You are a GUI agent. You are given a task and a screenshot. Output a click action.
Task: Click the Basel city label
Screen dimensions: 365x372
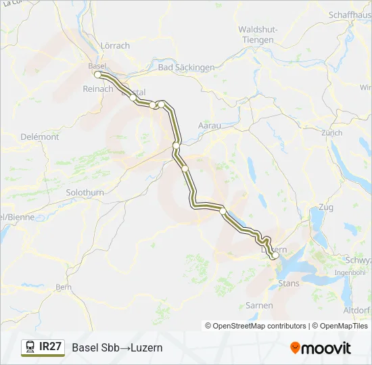click(x=98, y=66)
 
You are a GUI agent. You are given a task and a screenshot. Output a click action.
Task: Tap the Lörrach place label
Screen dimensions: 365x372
click(x=114, y=46)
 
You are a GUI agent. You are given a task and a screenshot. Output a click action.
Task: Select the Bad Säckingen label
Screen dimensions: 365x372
click(x=186, y=68)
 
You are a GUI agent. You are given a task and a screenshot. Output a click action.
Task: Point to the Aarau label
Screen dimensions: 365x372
click(x=209, y=126)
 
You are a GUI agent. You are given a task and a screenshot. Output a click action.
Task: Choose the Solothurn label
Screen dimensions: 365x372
click(x=85, y=193)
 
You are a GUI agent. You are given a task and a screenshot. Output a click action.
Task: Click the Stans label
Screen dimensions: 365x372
click(x=289, y=283)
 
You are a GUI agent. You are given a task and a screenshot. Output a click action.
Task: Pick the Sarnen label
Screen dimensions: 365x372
click(x=259, y=306)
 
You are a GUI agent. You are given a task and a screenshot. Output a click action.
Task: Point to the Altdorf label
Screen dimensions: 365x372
click(x=356, y=310)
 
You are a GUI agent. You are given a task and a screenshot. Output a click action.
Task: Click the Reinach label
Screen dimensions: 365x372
click(x=97, y=89)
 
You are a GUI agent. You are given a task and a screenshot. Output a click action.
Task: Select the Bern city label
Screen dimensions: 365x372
click(x=64, y=287)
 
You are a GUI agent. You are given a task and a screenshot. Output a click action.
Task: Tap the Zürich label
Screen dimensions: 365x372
click(x=332, y=133)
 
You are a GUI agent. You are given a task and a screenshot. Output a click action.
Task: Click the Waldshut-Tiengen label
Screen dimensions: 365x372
click(x=256, y=34)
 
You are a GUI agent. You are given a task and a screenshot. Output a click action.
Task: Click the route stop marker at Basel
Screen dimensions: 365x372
click(x=98, y=74)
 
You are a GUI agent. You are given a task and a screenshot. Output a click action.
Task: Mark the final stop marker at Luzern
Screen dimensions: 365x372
click(x=274, y=255)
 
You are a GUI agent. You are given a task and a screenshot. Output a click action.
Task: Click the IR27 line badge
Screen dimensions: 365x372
click(x=51, y=347)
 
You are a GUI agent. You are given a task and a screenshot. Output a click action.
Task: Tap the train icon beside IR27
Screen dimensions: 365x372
click(x=30, y=347)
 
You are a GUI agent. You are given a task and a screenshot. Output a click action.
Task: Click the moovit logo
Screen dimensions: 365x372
click(x=321, y=348)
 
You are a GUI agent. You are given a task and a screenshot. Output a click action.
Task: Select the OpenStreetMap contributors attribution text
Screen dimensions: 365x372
click(x=256, y=326)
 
